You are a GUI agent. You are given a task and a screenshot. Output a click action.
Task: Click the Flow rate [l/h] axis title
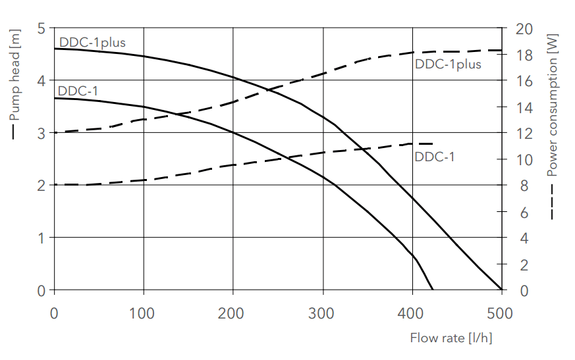[451, 338]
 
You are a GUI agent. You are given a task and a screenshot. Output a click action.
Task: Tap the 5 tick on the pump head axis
[41, 29]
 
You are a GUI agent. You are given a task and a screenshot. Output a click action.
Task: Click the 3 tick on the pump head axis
[41, 133]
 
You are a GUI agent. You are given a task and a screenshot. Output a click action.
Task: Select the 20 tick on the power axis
[523, 29]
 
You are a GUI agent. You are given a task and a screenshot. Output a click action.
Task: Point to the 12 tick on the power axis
[523, 133]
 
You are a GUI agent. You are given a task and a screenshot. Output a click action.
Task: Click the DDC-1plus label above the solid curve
[92, 43]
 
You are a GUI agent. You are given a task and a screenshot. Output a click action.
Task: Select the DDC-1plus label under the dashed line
[448, 64]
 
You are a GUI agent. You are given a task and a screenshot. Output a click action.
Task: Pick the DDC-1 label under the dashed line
[434, 157]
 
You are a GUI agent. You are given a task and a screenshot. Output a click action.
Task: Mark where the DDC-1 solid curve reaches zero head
[433, 290]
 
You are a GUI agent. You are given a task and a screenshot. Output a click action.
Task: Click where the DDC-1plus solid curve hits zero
[502, 290]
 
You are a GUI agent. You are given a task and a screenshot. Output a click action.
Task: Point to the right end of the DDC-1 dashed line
[433, 143]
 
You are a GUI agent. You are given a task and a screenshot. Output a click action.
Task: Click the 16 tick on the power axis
[523, 81]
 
